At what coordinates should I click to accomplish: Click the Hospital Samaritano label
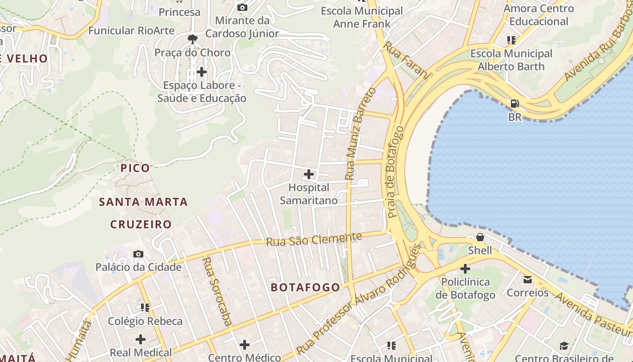pos(309,194)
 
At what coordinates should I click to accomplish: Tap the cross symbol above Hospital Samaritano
pos(309,174)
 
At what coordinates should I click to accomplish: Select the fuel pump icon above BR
pos(515,104)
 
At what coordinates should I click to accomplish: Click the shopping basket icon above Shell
pos(480,237)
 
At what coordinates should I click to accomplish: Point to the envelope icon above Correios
pos(528,279)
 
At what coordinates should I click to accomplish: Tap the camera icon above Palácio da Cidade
pos(138,254)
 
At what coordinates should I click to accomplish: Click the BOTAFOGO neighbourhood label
pos(305,287)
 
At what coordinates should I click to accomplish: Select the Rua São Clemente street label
pos(314,239)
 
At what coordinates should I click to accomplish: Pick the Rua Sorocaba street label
pos(217,291)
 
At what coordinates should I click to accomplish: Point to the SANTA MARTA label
pos(143,202)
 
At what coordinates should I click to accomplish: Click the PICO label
pos(135,168)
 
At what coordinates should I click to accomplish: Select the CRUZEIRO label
pos(141,224)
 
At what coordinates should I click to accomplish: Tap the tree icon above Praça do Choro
pos(193,39)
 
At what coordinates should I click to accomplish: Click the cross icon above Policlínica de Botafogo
pos(465,269)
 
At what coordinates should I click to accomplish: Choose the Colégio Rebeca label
pos(145,321)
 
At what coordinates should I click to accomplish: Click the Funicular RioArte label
pos(131,31)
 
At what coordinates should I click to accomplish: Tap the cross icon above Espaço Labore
pos(202,72)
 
